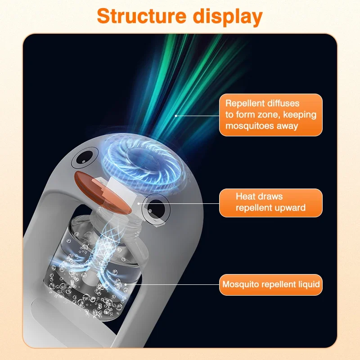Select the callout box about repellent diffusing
pos(271,115)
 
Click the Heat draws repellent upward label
pos(271,202)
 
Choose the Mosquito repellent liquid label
pos(271,284)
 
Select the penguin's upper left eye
pos(82,157)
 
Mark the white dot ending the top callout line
pos(176,115)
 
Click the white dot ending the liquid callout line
pos(125,284)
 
